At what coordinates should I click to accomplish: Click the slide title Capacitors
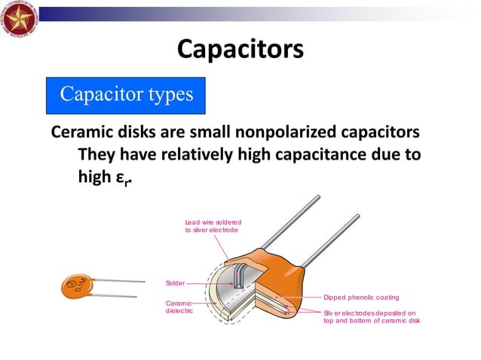click(x=240, y=49)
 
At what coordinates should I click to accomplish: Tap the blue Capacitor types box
click(x=126, y=95)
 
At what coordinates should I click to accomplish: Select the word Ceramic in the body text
click(x=82, y=133)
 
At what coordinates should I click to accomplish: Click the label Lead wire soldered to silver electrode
click(x=213, y=225)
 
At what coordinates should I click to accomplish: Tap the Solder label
click(x=175, y=283)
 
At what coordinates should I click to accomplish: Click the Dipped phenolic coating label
click(x=361, y=297)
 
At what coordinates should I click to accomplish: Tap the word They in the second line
click(x=98, y=154)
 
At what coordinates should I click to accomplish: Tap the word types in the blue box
click(x=167, y=95)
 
